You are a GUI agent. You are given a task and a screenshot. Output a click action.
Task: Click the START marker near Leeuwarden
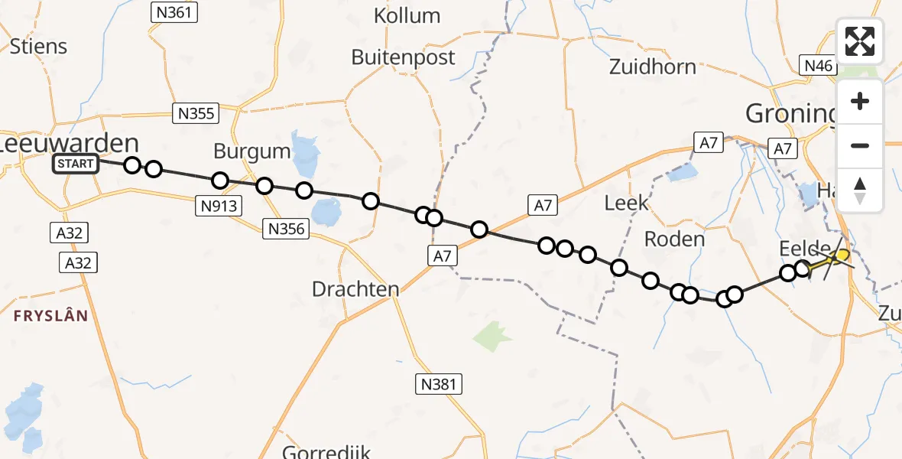[75, 163]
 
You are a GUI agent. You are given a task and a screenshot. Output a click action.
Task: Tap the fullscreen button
[860, 41]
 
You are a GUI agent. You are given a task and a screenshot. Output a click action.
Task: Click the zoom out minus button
[860, 145]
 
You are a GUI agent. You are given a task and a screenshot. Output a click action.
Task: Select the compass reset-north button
[860, 190]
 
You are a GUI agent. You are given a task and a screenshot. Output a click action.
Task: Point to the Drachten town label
[355, 289]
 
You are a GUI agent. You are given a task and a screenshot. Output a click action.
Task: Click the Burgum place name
[252, 151]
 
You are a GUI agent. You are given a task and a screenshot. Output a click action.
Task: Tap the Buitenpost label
[403, 57]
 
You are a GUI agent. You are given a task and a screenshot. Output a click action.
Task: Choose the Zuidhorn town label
[653, 67]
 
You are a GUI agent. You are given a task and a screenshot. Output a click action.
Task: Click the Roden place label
[674, 239]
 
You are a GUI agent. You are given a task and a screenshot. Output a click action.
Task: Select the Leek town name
[626, 203]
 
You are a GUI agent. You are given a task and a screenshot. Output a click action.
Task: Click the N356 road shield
[284, 228]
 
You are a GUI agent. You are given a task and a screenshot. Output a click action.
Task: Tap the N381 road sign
[439, 383]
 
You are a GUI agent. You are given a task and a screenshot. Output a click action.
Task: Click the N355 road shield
[196, 113]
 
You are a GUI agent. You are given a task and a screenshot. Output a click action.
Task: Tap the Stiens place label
[38, 46]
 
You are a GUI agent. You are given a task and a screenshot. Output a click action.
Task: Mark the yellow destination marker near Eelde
[841, 255]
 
